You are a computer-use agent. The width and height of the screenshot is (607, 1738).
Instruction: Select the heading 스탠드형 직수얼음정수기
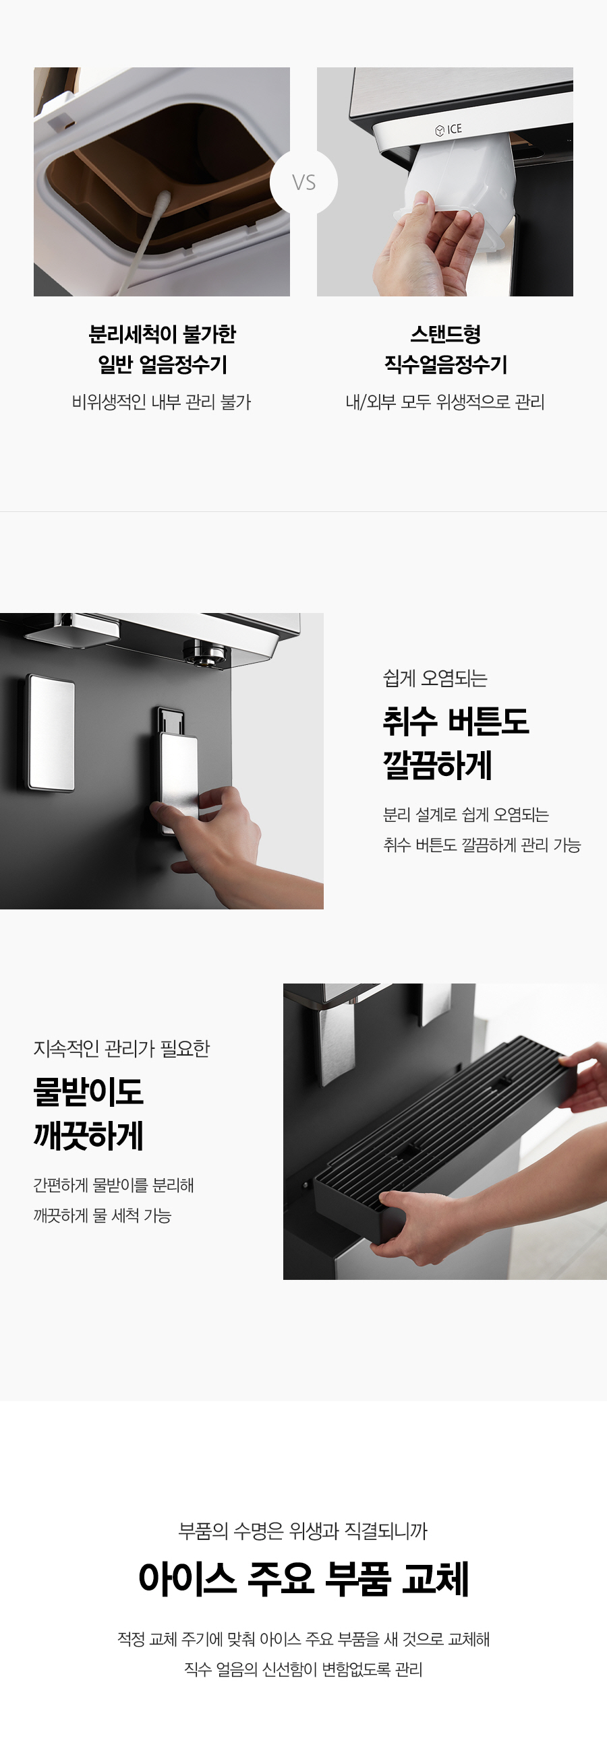[446, 350]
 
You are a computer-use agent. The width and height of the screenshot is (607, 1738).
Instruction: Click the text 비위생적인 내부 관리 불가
[161, 402]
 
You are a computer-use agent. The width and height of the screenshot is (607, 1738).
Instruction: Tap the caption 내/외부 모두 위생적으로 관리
[445, 402]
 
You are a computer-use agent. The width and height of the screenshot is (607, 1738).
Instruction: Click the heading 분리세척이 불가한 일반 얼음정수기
[162, 350]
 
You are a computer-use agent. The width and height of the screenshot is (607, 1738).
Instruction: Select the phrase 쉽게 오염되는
[435, 678]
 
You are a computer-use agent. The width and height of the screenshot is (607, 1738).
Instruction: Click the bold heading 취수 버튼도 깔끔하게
[456, 742]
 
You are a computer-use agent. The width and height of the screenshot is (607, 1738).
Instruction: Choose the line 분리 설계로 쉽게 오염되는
[466, 814]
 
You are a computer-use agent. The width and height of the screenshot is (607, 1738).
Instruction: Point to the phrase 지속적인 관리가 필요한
[121, 1048]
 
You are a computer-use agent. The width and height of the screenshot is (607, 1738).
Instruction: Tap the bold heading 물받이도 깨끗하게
[88, 1114]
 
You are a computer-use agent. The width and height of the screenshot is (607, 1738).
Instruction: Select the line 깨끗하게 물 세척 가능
[103, 1215]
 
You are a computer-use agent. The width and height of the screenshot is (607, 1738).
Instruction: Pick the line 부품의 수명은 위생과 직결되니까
[303, 1531]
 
